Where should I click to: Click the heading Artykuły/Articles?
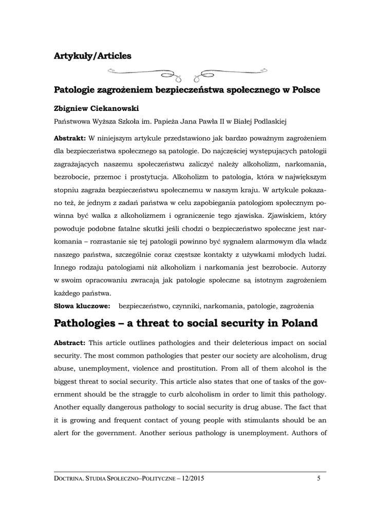click(92, 55)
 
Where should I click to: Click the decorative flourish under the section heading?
click(188, 72)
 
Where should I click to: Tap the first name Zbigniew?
click(70, 109)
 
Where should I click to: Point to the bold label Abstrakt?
click(70, 139)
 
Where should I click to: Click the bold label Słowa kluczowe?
click(83, 306)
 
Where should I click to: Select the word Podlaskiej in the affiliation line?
click(266, 122)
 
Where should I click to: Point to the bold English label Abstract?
click(70, 343)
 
